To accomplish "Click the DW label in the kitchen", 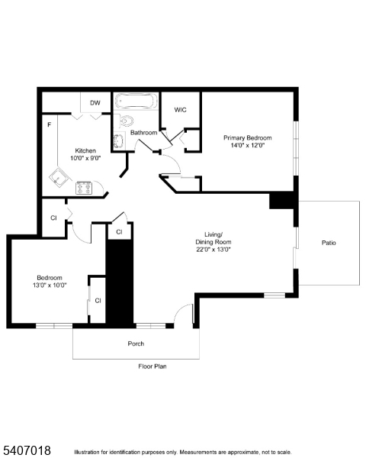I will [95, 102].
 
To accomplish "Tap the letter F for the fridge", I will [49, 124].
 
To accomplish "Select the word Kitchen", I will [85, 150].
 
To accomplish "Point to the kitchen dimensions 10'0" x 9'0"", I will [85, 158].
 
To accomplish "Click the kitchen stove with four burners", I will [84, 186].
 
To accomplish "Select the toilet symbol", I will [126, 121].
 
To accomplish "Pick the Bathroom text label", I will [143, 133].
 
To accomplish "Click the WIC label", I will [180, 110].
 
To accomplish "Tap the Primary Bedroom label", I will [247, 138].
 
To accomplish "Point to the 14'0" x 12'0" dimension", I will [247, 146].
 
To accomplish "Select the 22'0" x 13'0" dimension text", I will [213, 249].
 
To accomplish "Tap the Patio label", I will [329, 243].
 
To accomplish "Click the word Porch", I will [136, 343].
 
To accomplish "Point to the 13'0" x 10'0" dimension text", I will [50, 285].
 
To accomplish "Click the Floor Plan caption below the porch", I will [152, 366].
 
